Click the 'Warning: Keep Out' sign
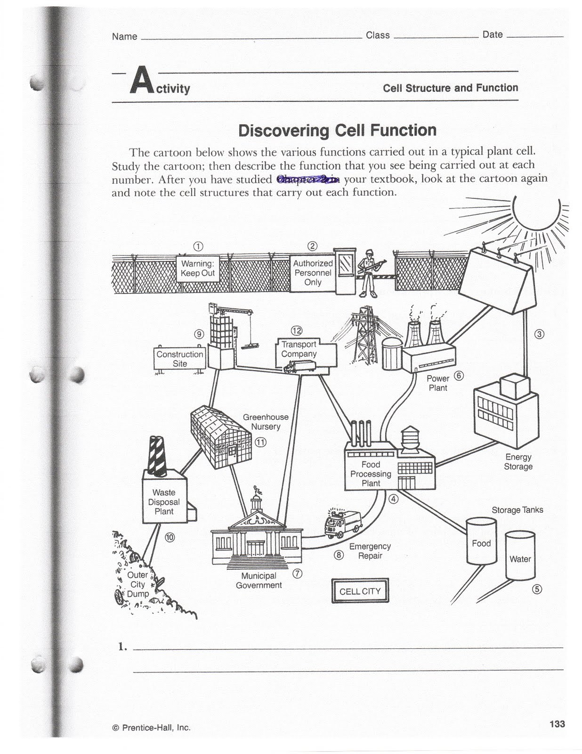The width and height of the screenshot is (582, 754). [x=198, y=269]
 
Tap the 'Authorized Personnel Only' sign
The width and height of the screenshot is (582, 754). [x=313, y=273]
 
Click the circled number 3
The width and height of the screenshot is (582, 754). [x=540, y=334]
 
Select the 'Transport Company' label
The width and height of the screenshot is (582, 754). [x=299, y=349]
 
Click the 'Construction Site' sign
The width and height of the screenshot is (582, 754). [x=179, y=359]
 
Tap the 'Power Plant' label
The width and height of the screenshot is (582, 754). [x=438, y=383]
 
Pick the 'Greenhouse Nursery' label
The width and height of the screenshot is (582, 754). [x=266, y=422]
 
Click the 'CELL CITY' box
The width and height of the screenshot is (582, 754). [x=360, y=591]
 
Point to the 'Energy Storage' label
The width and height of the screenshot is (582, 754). [x=518, y=462]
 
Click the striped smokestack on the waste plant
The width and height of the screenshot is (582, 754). [x=157, y=455]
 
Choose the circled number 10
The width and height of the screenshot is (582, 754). [x=170, y=537]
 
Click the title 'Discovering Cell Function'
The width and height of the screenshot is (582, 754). [x=337, y=131]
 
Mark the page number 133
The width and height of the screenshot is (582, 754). [x=557, y=724]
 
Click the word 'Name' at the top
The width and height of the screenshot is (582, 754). [x=124, y=37]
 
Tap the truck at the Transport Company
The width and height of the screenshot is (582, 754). [x=299, y=367]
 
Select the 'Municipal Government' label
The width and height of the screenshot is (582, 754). [x=259, y=581]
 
